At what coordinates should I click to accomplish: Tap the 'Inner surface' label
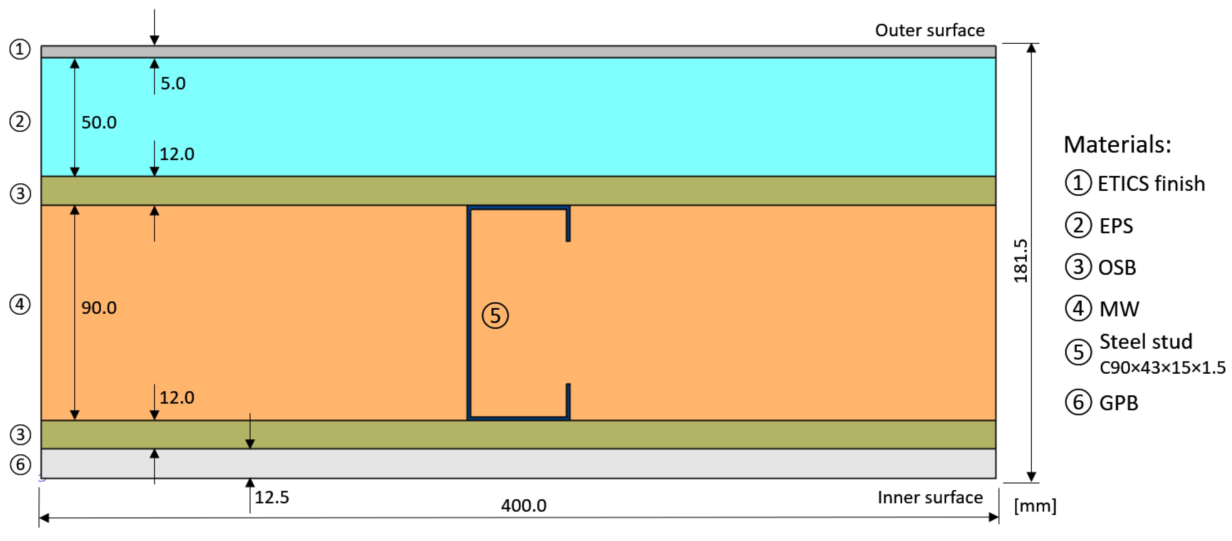(x=930, y=498)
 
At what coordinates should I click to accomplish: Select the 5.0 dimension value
(x=173, y=83)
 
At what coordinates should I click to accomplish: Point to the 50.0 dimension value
(x=99, y=122)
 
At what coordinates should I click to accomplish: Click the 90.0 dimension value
(x=99, y=308)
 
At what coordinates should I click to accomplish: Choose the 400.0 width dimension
(x=523, y=506)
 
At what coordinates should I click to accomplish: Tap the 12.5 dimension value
(x=272, y=498)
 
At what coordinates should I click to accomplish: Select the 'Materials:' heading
(x=1117, y=145)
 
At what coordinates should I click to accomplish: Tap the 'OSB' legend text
(x=1117, y=267)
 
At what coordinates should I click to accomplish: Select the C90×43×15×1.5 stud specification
(x=1162, y=367)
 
